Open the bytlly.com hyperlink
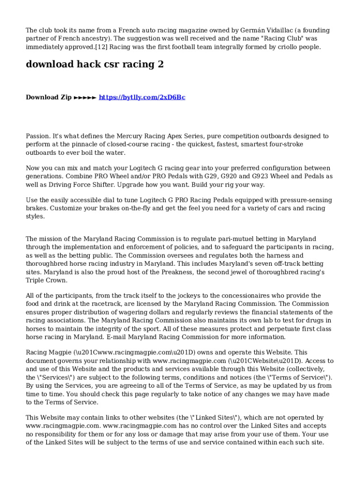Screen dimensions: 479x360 point(142,97)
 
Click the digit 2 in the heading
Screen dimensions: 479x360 point(160,65)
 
